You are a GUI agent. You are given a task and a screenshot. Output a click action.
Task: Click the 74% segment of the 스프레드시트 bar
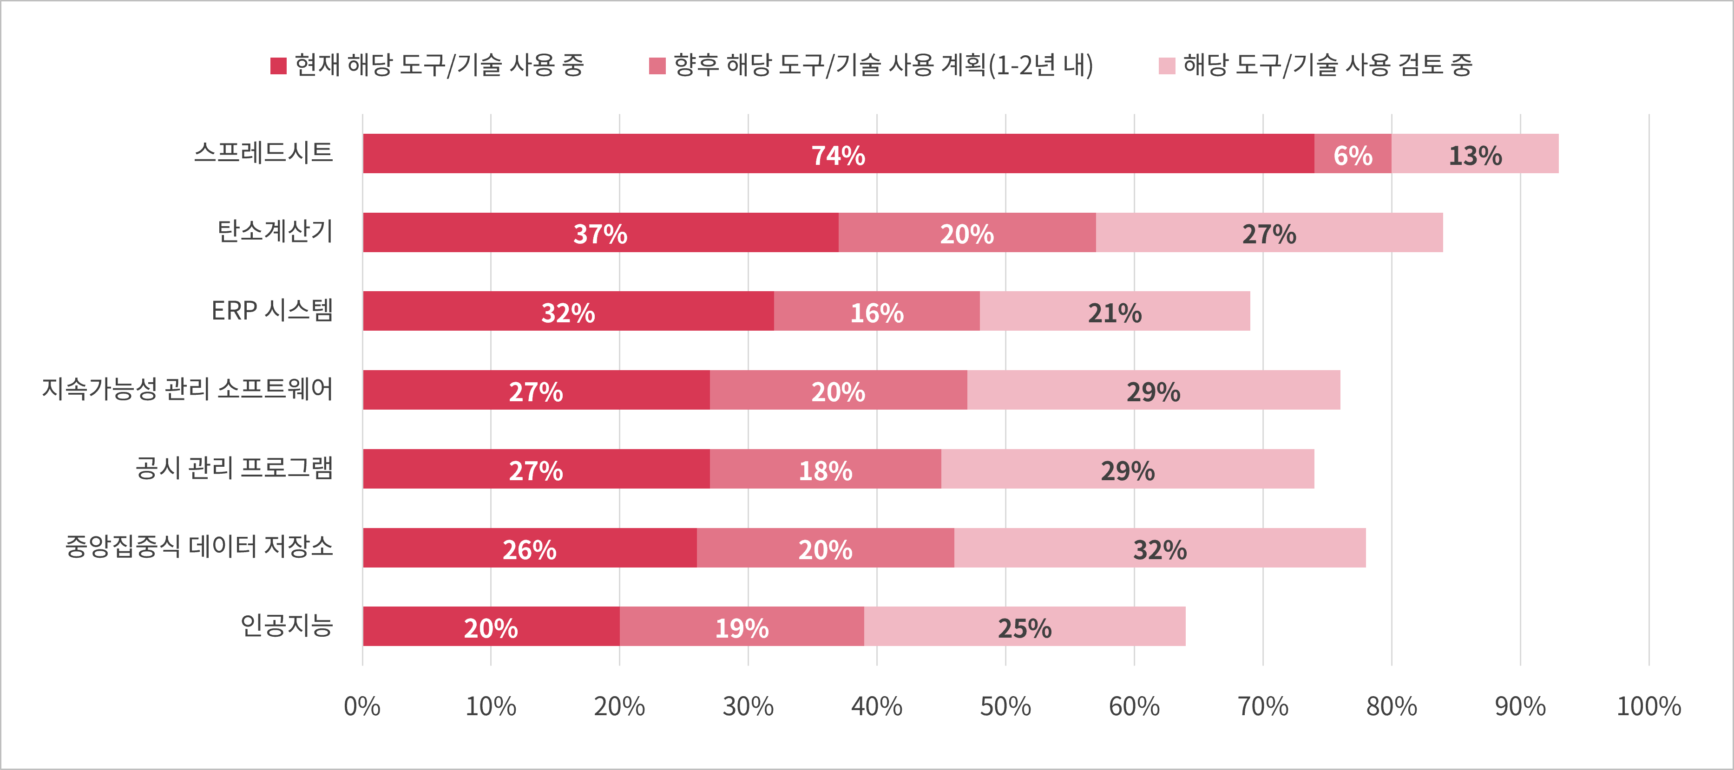click(838, 154)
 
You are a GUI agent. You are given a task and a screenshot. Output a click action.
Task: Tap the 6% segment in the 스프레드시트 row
click(1353, 154)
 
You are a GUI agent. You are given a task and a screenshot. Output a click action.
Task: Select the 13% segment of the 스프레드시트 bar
click(1475, 154)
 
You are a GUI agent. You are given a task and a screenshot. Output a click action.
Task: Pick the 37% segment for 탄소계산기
click(600, 233)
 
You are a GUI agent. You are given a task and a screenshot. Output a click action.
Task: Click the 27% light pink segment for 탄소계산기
click(1269, 233)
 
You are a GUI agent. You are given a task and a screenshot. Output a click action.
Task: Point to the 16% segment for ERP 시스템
click(876, 312)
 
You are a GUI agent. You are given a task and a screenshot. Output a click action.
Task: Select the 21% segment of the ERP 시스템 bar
click(1115, 312)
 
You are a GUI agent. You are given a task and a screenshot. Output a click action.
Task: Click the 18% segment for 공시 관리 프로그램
click(825, 469)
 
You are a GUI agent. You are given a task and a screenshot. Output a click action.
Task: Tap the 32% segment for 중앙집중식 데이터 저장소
click(1160, 548)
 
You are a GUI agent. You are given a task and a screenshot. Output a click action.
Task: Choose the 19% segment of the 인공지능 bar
click(742, 626)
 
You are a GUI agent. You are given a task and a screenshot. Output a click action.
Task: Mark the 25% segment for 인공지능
click(1025, 626)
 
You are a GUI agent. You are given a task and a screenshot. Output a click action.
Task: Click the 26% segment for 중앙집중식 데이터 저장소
click(529, 548)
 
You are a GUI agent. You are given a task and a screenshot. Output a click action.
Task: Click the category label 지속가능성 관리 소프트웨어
click(188, 389)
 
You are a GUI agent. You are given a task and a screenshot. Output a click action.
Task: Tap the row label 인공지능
click(287, 625)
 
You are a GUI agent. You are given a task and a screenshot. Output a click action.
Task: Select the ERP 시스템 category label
click(272, 310)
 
